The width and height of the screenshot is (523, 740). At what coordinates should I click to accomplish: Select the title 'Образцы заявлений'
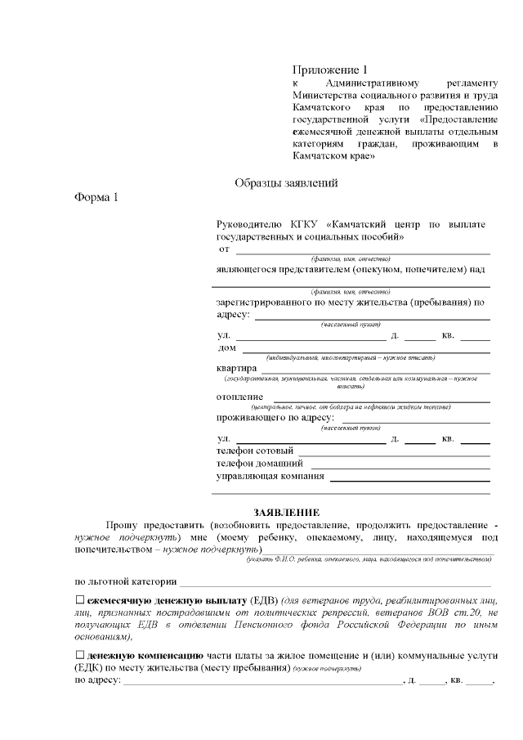pyautogui.click(x=286, y=183)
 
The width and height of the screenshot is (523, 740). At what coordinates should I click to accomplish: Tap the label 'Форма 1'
pyautogui.click(x=97, y=198)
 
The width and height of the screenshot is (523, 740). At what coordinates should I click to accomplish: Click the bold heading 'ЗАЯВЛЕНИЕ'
pyautogui.click(x=285, y=511)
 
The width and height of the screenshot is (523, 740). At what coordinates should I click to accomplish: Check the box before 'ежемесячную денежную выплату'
pyautogui.click(x=80, y=601)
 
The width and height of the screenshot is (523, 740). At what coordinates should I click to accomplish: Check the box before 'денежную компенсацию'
pyautogui.click(x=80, y=655)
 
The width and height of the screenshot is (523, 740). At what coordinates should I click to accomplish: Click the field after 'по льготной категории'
pyautogui.click(x=335, y=583)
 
